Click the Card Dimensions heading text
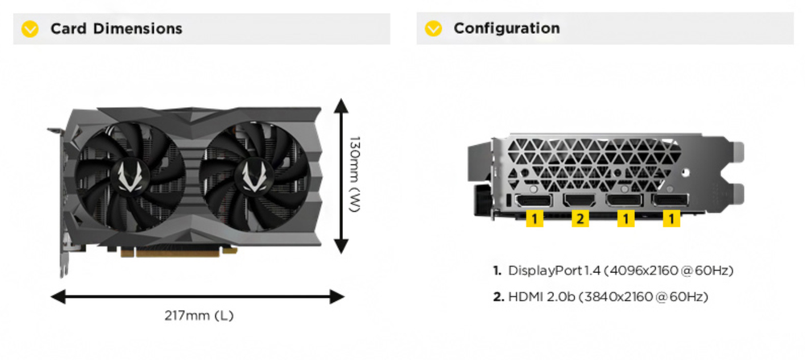click(116, 29)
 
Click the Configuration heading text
click(506, 29)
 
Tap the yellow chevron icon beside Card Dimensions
click(31, 29)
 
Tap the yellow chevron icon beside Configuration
click(434, 29)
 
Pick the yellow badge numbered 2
click(580, 218)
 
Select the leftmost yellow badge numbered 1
click(534, 218)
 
